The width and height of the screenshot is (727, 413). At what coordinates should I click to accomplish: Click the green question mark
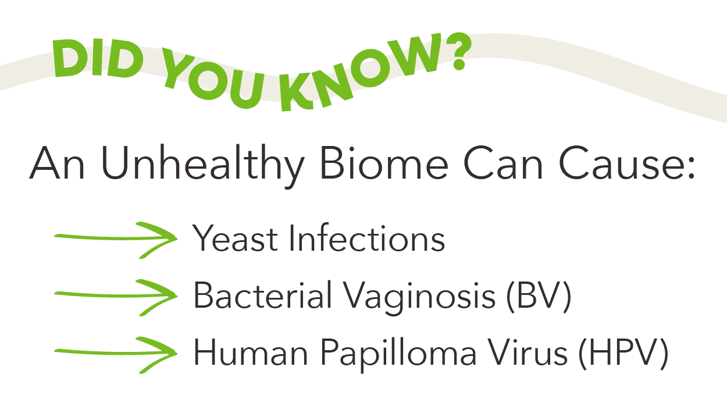click(457, 51)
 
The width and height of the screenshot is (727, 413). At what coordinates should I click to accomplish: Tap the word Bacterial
click(262, 294)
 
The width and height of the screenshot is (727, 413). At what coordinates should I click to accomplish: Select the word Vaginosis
click(419, 297)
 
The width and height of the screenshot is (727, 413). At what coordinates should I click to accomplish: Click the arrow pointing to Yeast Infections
click(116, 238)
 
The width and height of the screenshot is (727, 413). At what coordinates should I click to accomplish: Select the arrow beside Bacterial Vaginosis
click(116, 296)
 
